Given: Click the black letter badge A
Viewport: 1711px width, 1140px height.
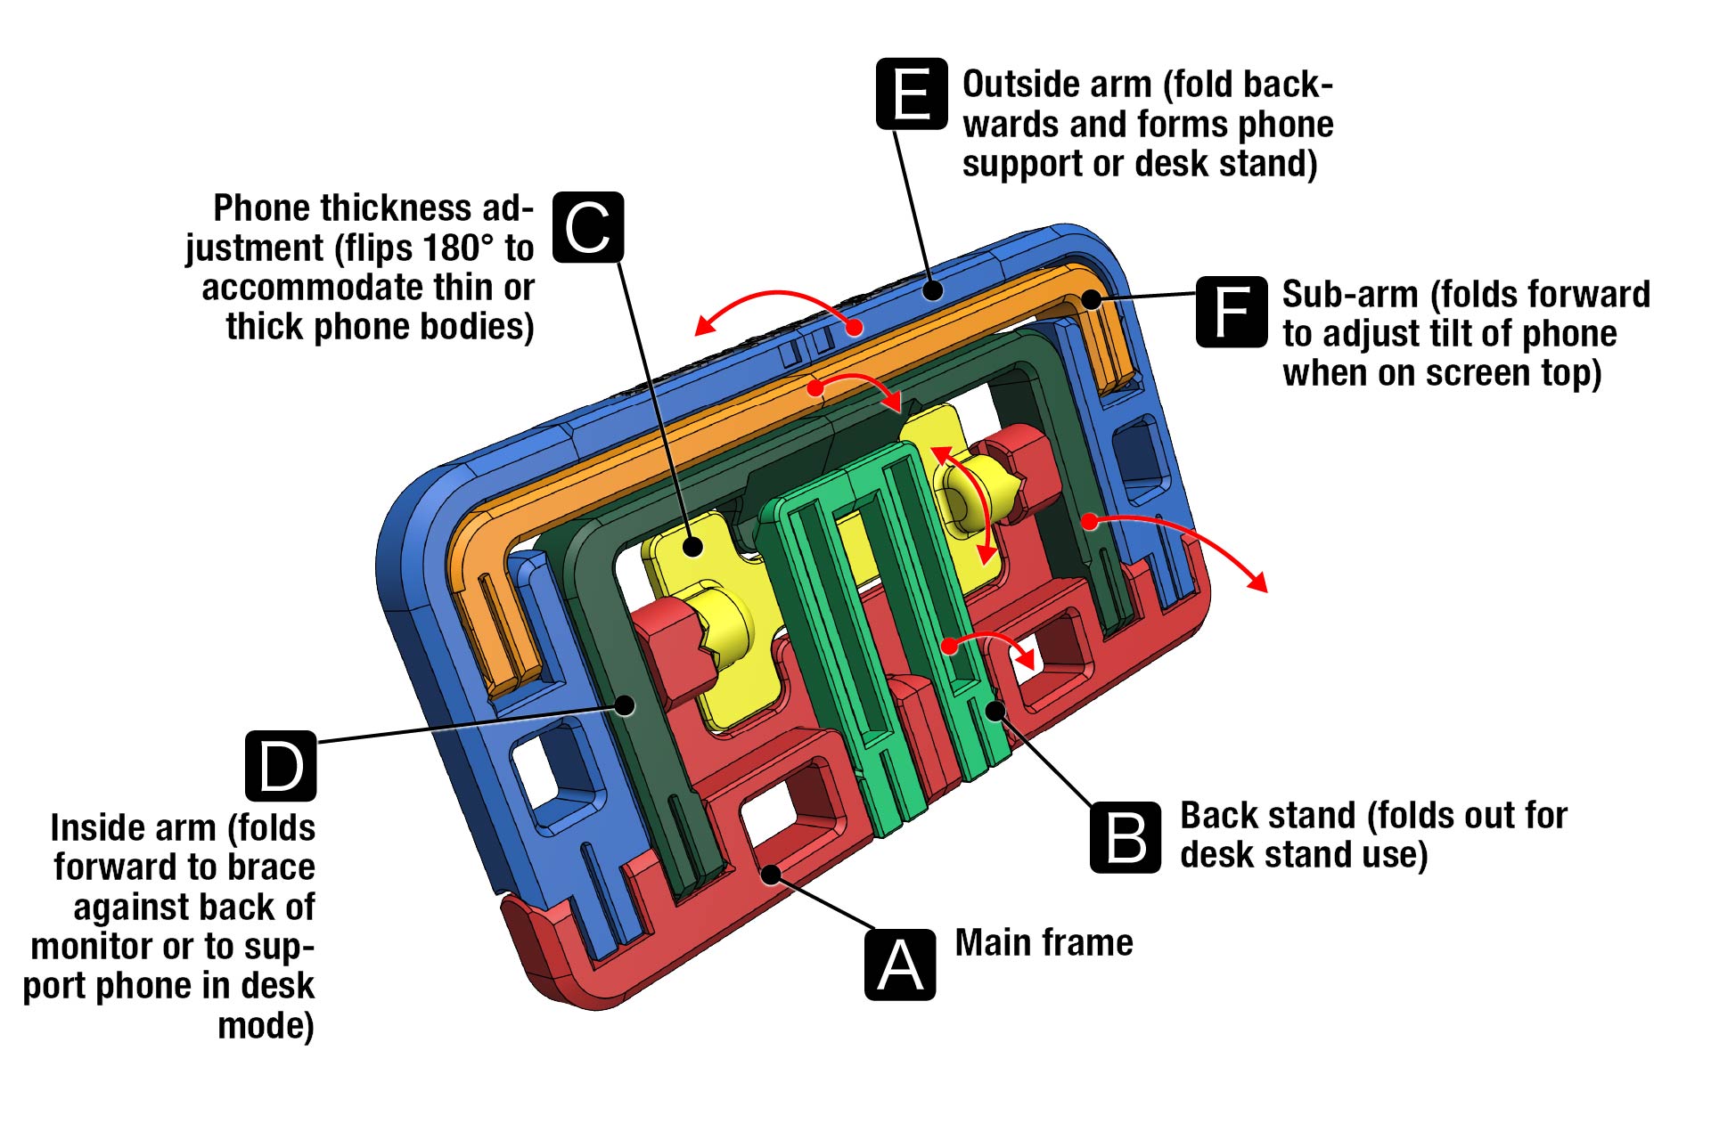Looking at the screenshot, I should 900,965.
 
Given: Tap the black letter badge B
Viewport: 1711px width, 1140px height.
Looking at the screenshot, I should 1126,837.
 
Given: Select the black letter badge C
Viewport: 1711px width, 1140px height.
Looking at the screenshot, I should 588,227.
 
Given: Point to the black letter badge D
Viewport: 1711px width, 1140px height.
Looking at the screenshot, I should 281,765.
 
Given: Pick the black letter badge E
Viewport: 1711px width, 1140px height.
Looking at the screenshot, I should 911,94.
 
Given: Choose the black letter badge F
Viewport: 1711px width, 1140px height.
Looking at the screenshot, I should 1231,312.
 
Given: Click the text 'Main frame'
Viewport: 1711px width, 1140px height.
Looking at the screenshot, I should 1044,942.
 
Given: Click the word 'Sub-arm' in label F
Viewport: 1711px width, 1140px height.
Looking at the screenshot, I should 1349,294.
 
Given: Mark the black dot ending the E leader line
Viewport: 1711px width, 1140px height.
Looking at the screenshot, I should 933,290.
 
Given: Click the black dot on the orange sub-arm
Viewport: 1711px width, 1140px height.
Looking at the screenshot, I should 1092,299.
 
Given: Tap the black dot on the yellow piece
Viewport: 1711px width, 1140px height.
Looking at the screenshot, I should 693,546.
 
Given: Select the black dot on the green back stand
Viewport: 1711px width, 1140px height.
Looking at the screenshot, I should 995,710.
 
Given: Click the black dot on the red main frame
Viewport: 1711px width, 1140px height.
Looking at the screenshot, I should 771,875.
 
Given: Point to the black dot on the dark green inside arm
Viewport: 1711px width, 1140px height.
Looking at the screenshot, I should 626,705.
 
